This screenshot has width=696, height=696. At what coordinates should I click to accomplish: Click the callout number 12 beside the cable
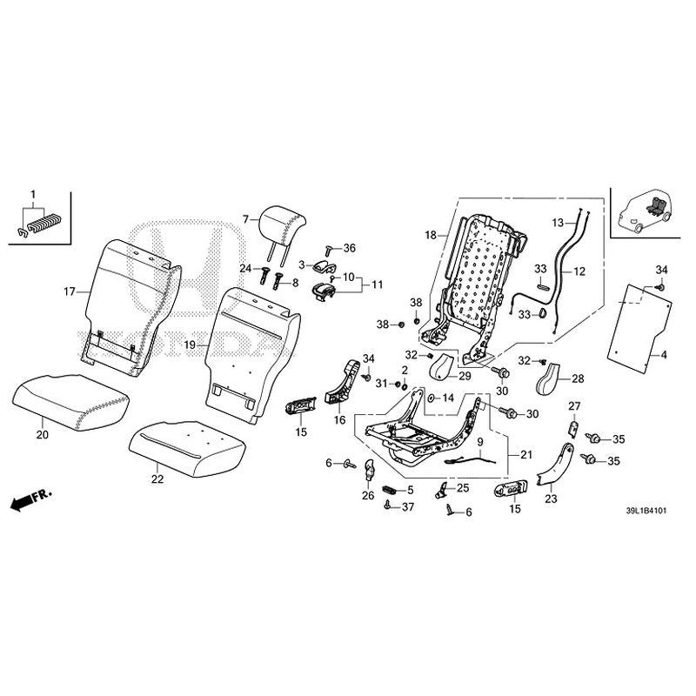pos(579,271)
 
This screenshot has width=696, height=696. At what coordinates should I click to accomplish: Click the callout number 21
pos(526,455)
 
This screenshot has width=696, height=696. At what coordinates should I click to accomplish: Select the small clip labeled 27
pos(572,427)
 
